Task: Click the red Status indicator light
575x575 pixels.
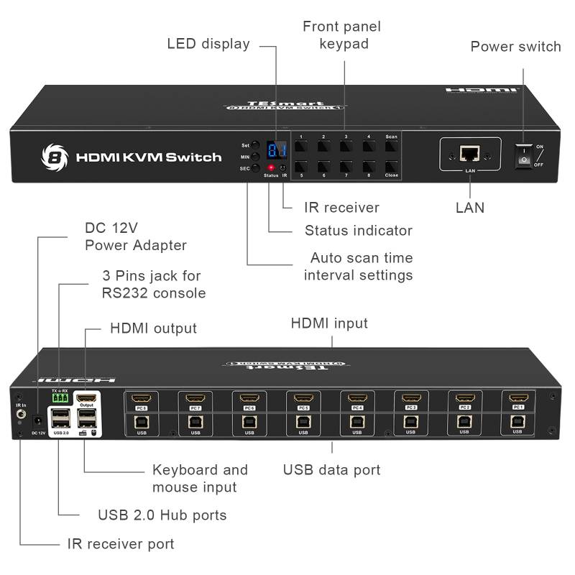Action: point(271,167)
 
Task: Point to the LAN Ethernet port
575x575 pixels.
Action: point(470,153)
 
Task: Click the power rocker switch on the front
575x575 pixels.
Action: point(524,155)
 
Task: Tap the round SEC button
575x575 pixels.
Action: point(255,167)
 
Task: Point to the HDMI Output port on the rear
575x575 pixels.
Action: point(86,397)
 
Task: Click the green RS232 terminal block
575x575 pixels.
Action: point(60,397)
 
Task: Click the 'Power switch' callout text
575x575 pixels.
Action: point(515,47)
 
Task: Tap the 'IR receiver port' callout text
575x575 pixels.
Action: point(121,544)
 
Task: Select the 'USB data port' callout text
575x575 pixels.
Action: point(331,470)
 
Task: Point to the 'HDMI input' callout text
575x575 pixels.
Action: point(329,323)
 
